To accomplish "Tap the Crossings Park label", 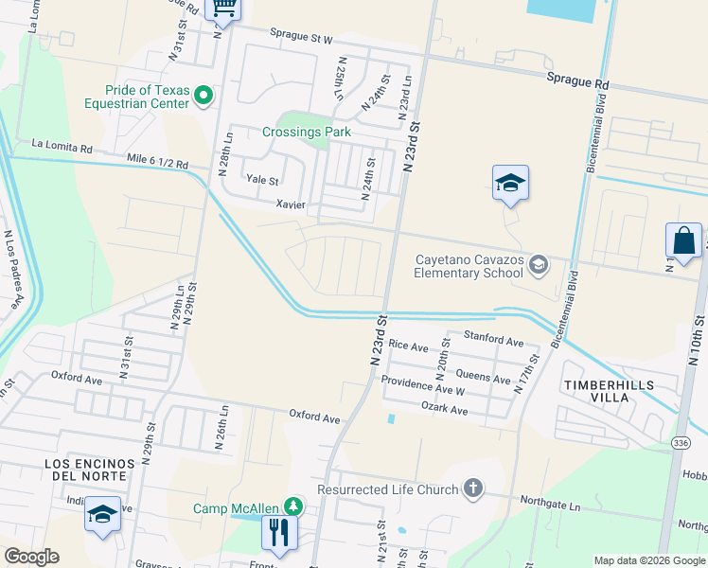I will tap(306, 133).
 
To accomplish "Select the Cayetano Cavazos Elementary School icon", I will tap(539, 263).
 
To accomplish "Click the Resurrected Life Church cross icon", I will tap(473, 488).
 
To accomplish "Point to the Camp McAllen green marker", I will tap(295, 507).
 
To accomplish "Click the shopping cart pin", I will tap(224, 8).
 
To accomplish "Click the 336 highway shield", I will tap(681, 442).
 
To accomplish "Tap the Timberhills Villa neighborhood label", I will tap(610, 390).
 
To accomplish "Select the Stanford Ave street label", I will tap(492, 339).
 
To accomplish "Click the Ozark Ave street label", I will tap(445, 410).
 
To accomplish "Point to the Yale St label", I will tap(262, 180).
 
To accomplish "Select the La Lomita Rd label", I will tap(62, 148).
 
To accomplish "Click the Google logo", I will tap(31, 557).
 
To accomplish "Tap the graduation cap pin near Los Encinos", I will tap(102, 514).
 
